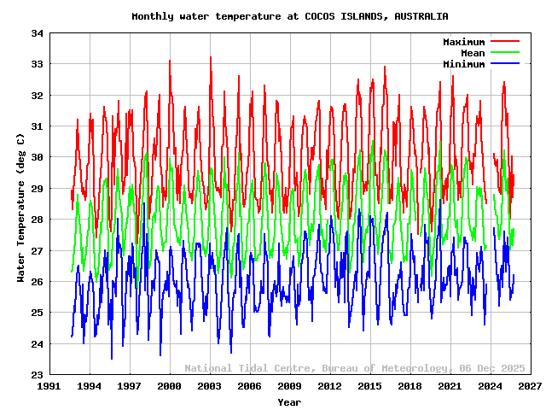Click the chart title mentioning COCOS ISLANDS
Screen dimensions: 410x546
pyautogui.click(x=290, y=16)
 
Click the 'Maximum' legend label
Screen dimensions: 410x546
pyautogui.click(x=463, y=42)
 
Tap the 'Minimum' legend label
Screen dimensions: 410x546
pyautogui.click(x=463, y=64)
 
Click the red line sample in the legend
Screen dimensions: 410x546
pyautogui.click(x=504, y=42)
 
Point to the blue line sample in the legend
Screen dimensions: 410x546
pyautogui.click(x=504, y=64)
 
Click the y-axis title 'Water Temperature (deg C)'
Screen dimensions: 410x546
pyautogui.click(x=20, y=208)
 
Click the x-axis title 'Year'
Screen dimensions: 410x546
pyautogui.click(x=289, y=401)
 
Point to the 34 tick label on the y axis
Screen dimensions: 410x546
pyautogui.click(x=37, y=33)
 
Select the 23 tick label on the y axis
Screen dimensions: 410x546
pyautogui.click(x=37, y=375)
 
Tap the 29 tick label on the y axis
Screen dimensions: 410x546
pyautogui.click(x=37, y=189)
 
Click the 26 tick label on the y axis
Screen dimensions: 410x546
pyautogui.click(x=37, y=282)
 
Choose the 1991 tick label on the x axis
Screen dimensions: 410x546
pyautogui.click(x=49, y=387)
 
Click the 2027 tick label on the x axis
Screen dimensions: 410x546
pyautogui.click(x=530, y=387)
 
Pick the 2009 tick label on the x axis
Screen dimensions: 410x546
pyautogui.click(x=289, y=387)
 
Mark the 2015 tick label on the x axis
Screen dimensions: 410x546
pyautogui.click(x=369, y=387)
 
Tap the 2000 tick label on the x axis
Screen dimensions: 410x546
pyautogui.click(x=170, y=387)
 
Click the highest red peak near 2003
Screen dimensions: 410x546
pyautogui.click(x=211, y=57)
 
